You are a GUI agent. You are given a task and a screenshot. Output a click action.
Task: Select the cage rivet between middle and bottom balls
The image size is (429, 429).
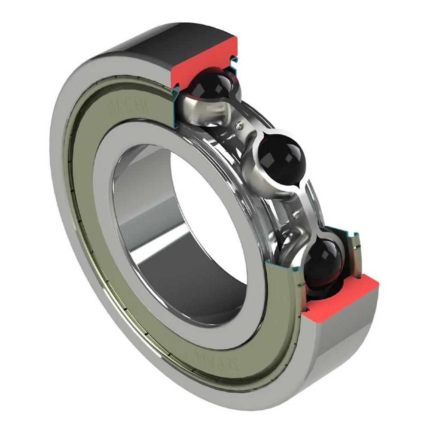[x=296, y=212]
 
